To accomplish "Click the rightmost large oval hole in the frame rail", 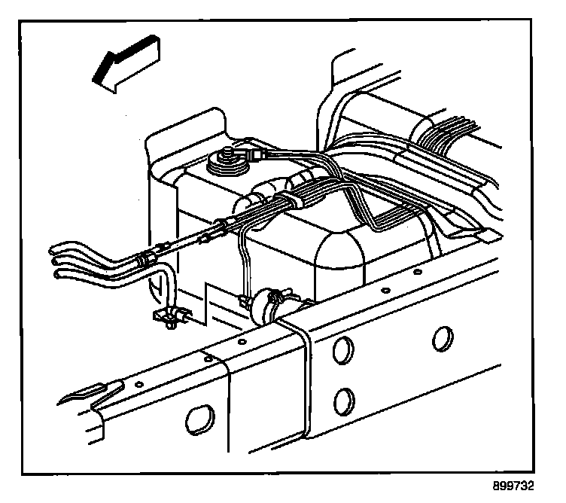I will (x=443, y=338).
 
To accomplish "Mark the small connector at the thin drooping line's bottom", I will (x=246, y=302).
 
